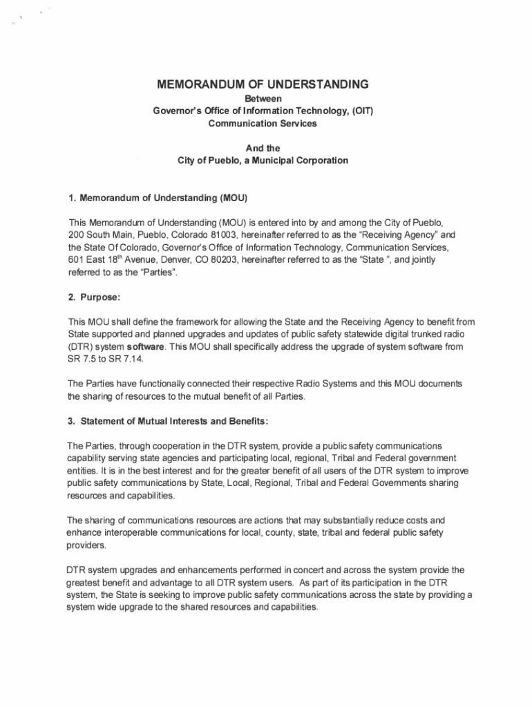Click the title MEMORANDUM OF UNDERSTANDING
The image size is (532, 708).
(263, 85)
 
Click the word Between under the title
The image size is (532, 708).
(263, 100)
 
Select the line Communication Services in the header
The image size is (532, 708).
(263, 123)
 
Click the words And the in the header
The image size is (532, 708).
(263, 148)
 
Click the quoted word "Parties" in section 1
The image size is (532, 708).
(160, 272)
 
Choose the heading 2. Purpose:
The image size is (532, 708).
(95, 297)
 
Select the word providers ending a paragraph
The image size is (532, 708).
(86, 545)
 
